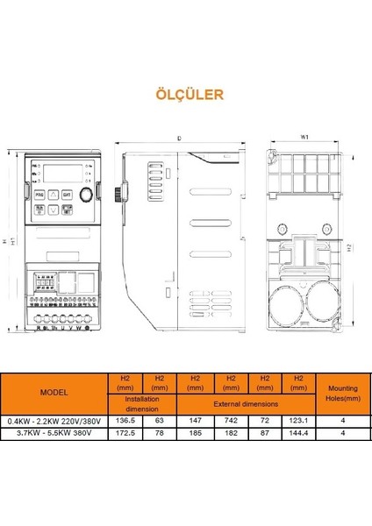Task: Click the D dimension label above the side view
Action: (179, 138)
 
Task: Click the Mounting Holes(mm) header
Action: (342, 391)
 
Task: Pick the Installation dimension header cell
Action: (141, 404)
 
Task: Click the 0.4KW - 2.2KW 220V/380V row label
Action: (54, 421)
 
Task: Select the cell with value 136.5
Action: (124, 421)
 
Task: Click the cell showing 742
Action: (231, 421)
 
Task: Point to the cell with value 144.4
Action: (300, 432)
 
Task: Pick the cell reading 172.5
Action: (124, 432)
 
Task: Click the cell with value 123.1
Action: (300, 421)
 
